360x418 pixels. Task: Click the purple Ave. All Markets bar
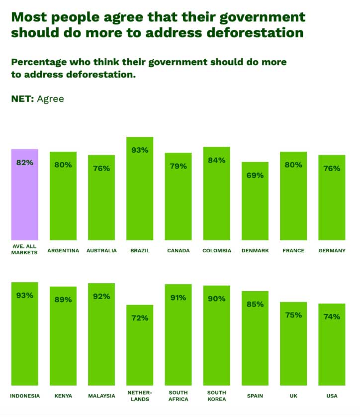[x=25, y=199]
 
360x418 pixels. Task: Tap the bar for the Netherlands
[x=140, y=348]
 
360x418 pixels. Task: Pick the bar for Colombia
[x=217, y=199]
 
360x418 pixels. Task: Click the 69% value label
[x=255, y=175]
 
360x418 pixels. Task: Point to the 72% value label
[x=140, y=317]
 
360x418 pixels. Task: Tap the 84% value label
[x=217, y=160]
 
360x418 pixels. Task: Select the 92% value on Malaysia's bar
[x=101, y=296]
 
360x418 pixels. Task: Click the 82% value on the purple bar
[x=25, y=162]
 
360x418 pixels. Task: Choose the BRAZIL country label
[x=140, y=250]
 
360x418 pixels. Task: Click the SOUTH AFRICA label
[x=178, y=396]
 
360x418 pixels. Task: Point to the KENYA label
[x=63, y=396]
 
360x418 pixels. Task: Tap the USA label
[x=332, y=396]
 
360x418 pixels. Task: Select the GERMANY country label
[x=332, y=250]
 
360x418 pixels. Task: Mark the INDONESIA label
[x=25, y=396]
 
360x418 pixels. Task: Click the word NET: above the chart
[x=22, y=99]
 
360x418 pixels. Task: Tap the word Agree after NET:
[x=50, y=99]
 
